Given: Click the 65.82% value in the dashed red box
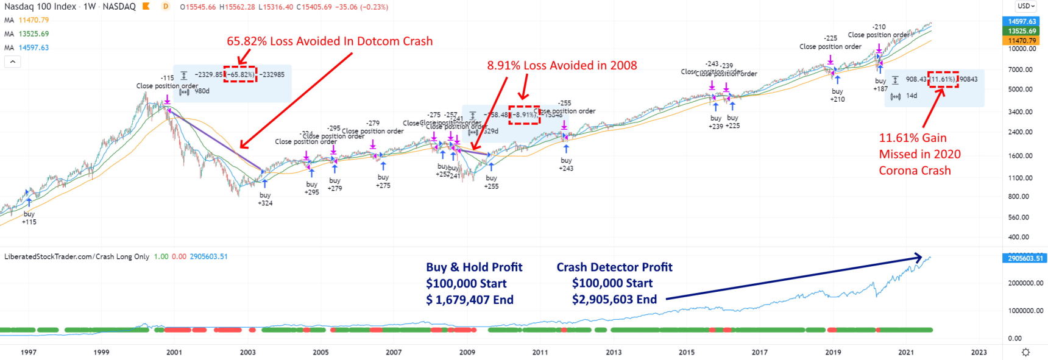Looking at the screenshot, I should [x=240, y=74].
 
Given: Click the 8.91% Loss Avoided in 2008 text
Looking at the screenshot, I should [x=562, y=65].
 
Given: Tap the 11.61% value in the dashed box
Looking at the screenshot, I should [x=943, y=79].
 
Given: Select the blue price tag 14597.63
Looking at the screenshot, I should [x=1022, y=21].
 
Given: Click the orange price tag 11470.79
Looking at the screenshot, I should [x=1022, y=41].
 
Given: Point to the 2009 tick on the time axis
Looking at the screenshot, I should [x=467, y=352].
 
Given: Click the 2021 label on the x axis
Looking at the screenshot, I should [x=906, y=352].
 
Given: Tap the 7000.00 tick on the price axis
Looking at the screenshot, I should [x=1021, y=69].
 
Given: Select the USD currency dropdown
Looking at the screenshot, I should [x=1026, y=6].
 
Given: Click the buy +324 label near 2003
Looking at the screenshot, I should [x=265, y=199].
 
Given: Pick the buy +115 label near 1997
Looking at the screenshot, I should [x=29, y=218].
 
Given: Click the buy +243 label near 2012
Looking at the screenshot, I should [x=566, y=164].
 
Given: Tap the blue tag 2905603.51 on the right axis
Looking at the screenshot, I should [x=1022, y=258].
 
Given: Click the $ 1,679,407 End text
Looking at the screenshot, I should [x=470, y=300].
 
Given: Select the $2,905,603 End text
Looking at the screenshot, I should [x=614, y=299].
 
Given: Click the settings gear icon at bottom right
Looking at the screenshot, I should [x=1025, y=352].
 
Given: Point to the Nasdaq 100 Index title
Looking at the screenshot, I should [x=40, y=7].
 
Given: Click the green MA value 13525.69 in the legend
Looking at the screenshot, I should [x=34, y=34].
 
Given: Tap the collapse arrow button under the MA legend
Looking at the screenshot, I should [x=12, y=62].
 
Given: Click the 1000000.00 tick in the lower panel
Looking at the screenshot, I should [x=1022, y=311].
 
